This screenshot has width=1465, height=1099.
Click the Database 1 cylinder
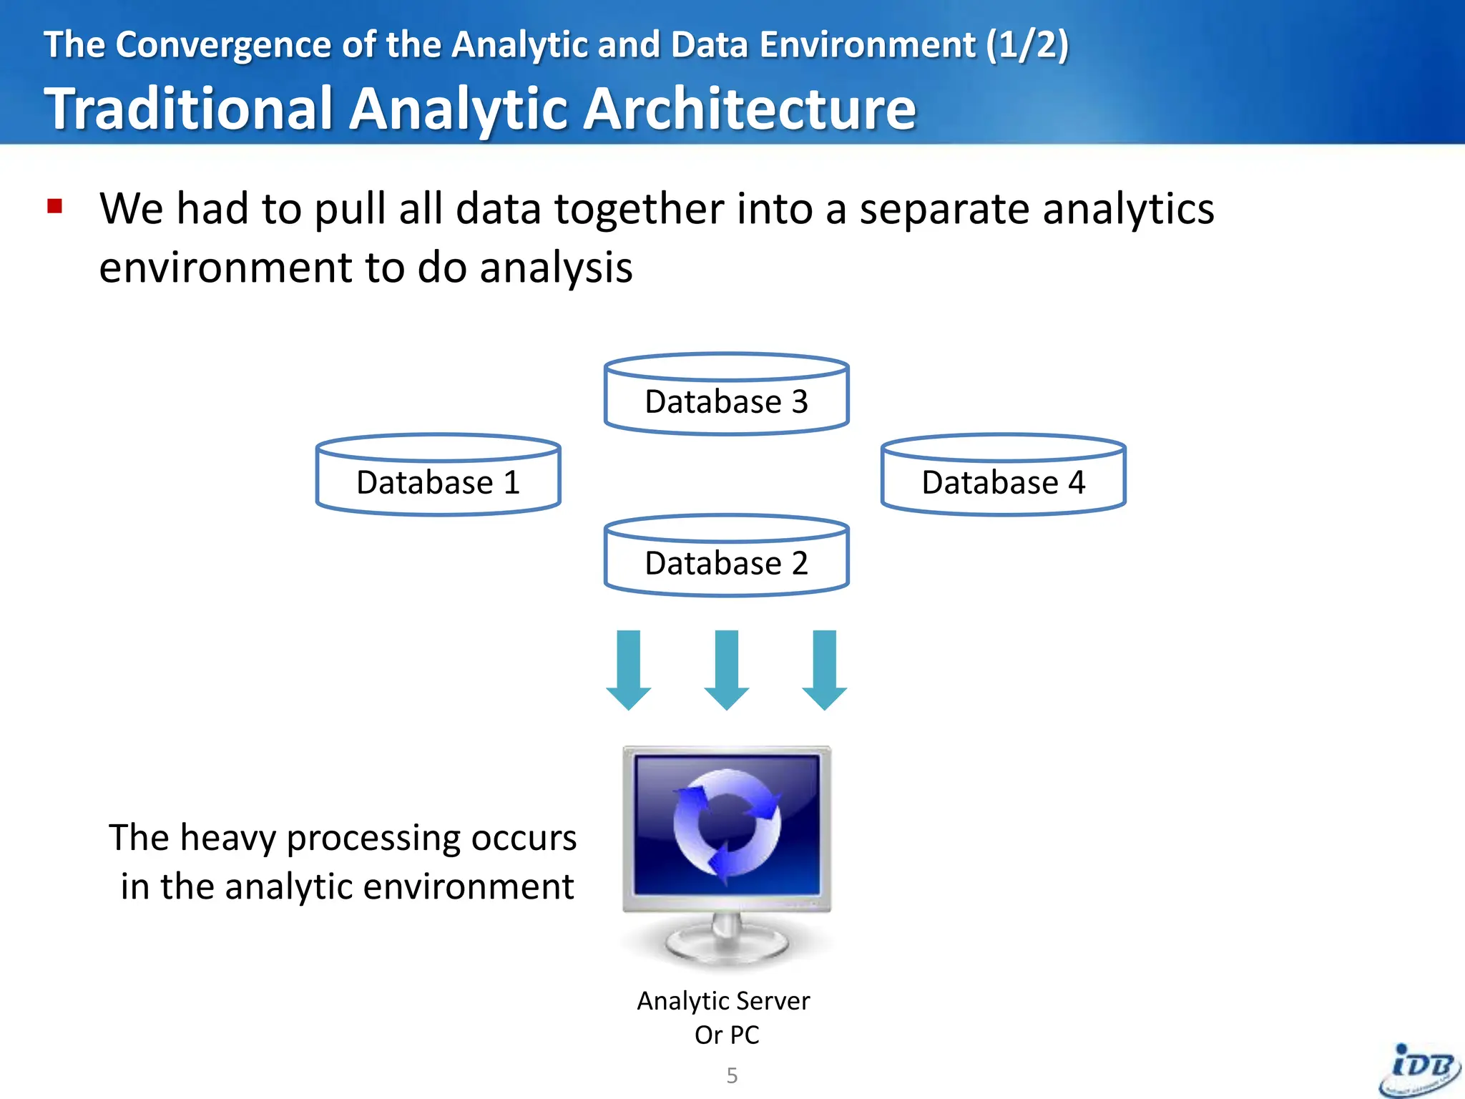click(438, 475)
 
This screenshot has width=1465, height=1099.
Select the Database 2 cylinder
click(726, 556)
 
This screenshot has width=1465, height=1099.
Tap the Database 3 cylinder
click(726, 394)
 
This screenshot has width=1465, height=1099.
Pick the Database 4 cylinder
click(1003, 475)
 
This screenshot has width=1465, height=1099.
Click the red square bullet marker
click(55, 207)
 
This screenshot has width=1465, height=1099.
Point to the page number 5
click(732, 1075)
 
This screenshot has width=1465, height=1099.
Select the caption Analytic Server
click(723, 1001)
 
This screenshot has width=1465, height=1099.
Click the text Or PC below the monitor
click(727, 1035)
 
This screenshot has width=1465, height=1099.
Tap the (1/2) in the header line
click(1027, 44)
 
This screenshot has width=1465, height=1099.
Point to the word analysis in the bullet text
click(556, 268)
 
